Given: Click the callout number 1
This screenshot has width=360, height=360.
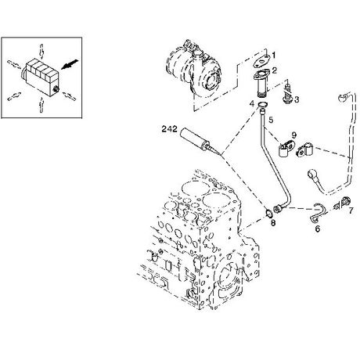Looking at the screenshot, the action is tap(273, 56).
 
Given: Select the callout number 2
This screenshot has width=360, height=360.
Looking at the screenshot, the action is tap(275, 70).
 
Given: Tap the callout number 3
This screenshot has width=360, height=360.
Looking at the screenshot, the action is tap(297, 99).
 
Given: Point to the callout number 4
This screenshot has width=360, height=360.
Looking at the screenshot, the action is tap(251, 103).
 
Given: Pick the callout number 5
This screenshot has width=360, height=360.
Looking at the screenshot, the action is tap(271, 120).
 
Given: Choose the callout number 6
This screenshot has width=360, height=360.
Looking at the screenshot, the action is tap(318, 229).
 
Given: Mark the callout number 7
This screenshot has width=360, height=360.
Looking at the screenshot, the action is tap(351, 211).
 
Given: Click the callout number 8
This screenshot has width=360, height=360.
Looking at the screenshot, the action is tap(273, 223).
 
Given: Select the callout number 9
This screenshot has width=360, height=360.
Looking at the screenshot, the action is tap(294, 135).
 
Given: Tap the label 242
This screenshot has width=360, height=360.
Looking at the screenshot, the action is tap(169, 129).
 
